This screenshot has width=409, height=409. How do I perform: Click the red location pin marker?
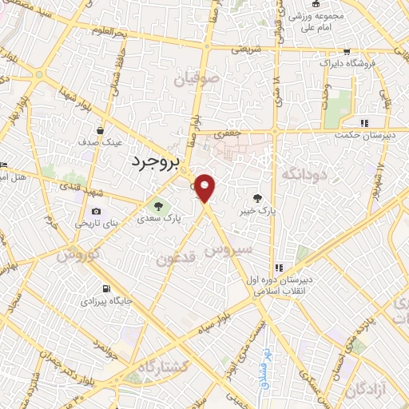coord(206,189)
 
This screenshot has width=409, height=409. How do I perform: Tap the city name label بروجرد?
coord(157,161)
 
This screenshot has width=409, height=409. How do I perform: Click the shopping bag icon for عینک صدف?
coord(100,129)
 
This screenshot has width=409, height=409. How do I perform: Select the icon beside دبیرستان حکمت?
coord(365,123)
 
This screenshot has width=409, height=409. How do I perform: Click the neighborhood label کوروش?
coord(77,255)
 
